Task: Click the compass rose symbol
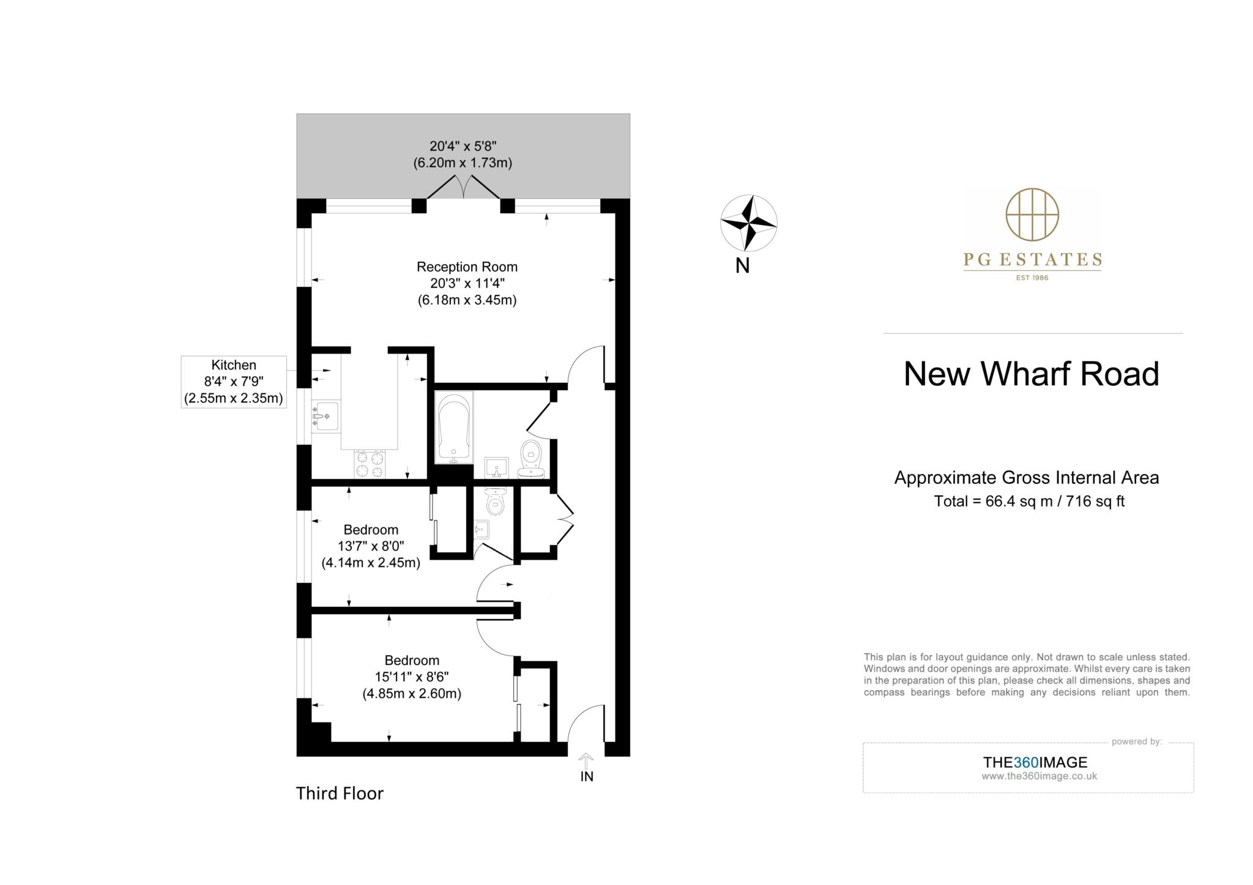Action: pyautogui.click(x=748, y=223)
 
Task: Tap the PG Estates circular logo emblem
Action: pyautogui.click(x=1032, y=215)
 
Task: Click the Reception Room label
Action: pyautogui.click(x=467, y=267)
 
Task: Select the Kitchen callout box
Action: pyautogui.click(x=234, y=382)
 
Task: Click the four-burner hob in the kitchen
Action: pyautogui.click(x=370, y=464)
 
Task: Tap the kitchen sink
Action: pyautogui.click(x=325, y=417)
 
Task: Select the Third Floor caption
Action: pyautogui.click(x=340, y=793)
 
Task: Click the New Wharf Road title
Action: pyautogui.click(x=1031, y=374)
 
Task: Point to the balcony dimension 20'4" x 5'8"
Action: pyautogui.click(x=463, y=146)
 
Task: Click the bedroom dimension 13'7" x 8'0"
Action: pyautogui.click(x=371, y=546)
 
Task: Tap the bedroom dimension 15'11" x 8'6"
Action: pyautogui.click(x=412, y=677)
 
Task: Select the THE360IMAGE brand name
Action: pyautogui.click(x=1035, y=763)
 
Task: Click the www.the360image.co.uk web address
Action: pyautogui.click(x=1039, y=776)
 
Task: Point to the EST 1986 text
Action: pyautogui.click(x=1032, y=278)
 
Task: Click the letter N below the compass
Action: pyautogui.click(x=742, y=266)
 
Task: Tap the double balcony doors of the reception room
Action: pyautogui.click(x=464, y=187)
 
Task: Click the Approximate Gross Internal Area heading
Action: pyautogui.click(x=1027, y=478)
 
